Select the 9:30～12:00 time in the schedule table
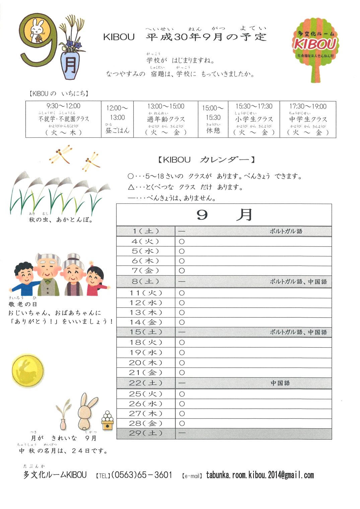[x=63, y=106]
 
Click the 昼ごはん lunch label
[x=117, y=131]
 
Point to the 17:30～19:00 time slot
[x=308, y=106]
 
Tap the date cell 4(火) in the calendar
[x=145, y=241]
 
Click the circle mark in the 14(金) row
[x=182, y=322]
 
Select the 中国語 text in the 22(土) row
[x=280, y=383]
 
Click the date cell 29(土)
[x=145, y=433]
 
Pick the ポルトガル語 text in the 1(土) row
[x=286, y=231]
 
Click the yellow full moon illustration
[x=28, y=371]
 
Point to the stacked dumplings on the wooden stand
[x=107, y=420]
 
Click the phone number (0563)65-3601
[x=142, y=475]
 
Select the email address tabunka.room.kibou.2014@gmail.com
[x=260, y=475]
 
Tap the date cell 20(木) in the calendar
[x=145, y=363]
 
